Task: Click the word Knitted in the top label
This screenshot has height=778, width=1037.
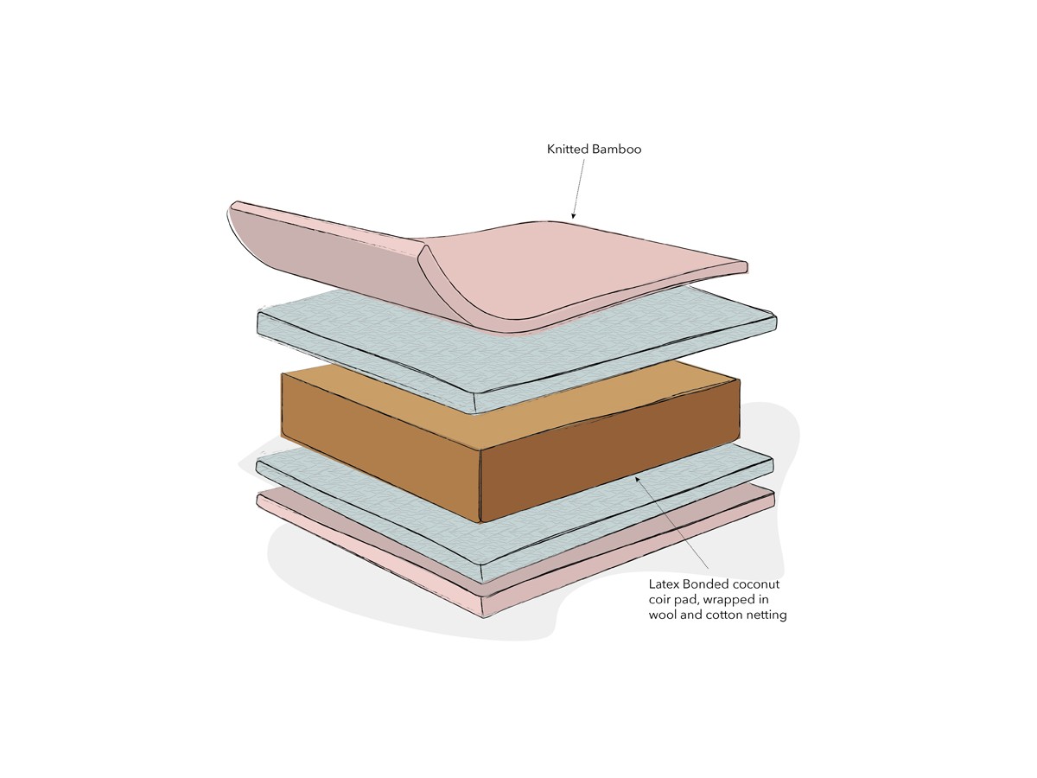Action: click(x=568, y=150)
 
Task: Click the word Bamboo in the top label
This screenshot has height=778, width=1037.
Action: click(x=616, y=150)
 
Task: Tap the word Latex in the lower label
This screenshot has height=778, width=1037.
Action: click(x=665, y=584)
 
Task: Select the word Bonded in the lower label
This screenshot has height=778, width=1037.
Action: click(x=707, y=584)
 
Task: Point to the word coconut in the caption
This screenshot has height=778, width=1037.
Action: click(x=756, y=584)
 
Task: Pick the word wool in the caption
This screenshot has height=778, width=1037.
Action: click(x=664, y=615)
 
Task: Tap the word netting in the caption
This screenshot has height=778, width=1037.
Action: click(x=767, y=615)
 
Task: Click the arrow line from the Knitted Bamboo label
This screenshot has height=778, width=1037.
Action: click(x=577, y=186)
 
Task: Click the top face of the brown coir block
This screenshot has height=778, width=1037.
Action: click(x=510, y=406)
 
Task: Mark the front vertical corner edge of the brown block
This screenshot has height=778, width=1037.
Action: click(x=480, y=484)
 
